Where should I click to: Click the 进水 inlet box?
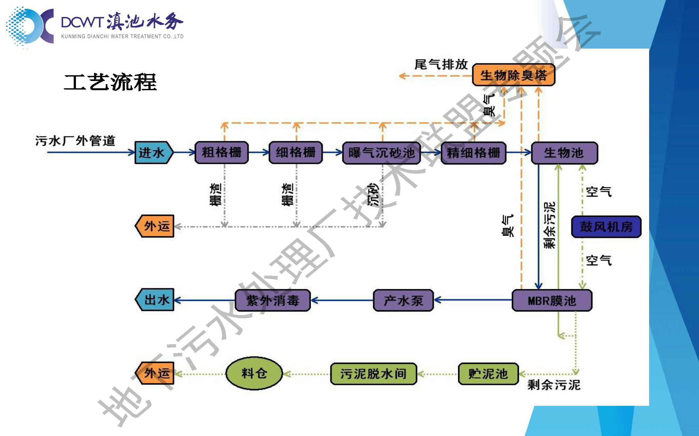[x=153, y=153]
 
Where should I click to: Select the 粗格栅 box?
[x=221, y=153]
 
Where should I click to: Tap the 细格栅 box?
[x=295, y=153]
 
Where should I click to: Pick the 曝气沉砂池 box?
[x=381, y=153]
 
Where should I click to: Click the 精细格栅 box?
[x=473, y=153]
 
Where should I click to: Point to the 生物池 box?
[x=564, y=153]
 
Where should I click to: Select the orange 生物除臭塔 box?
[x=513, y=75]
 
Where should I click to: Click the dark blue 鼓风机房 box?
[x=606, y=227]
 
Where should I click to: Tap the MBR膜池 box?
[x=552, y=300]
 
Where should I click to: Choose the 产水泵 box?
[x=403, y=300]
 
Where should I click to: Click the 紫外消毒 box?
[x=273, y=300]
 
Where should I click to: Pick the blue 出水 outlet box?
[x=155, y=300]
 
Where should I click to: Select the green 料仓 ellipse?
[x=254, y=373]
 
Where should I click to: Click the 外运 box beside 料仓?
[x=155, y=373]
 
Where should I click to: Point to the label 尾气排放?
[x=441, y=64]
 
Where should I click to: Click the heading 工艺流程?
[x=110, y=82]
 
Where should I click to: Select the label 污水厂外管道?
[x=75, y=141]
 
